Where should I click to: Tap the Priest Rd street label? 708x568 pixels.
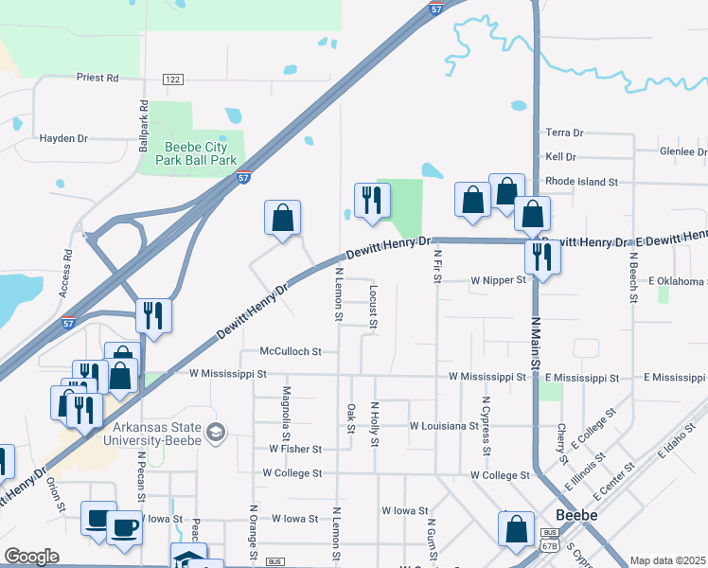coord(97,78)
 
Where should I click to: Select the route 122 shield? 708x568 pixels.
coord(172,79)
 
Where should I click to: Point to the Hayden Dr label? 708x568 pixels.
coord(63,138)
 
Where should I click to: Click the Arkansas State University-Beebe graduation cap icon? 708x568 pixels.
coord(217,432)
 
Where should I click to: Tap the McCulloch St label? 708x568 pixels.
coord(292,351)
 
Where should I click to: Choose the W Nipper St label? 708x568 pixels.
coord(498,281)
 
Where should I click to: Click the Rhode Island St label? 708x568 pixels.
coord(582,181)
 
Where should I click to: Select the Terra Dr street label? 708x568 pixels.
coord(565,133)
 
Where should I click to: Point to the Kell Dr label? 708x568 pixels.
coord(561,157)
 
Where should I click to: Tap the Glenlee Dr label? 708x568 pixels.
coord(682,151)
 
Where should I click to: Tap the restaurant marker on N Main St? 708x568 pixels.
coord(542,256)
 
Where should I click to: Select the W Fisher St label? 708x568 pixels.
coord(295,449)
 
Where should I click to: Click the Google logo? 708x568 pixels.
coord(31,557)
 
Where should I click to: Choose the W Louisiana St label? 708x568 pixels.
coord(451,426)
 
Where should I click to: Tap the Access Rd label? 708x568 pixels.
coord(67,273)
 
